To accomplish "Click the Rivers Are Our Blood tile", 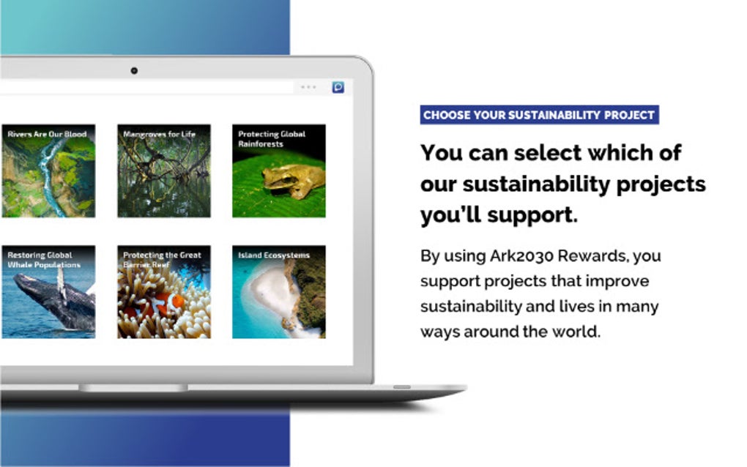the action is (x=48, y=171).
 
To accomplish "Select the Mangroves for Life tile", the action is (x=164, y=171).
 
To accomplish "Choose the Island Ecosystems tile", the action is (x=279, y=292).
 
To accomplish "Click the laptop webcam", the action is (x=134, y=71).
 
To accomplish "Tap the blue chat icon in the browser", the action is (x=338, y=87).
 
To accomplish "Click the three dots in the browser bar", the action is (x=308, y=87).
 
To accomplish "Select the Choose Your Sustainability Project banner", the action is (x=539, y=115).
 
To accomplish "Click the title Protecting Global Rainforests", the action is (x=272, y=138).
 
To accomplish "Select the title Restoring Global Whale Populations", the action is (x=44, y=260).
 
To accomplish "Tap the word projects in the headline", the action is (x=661, y=184).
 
